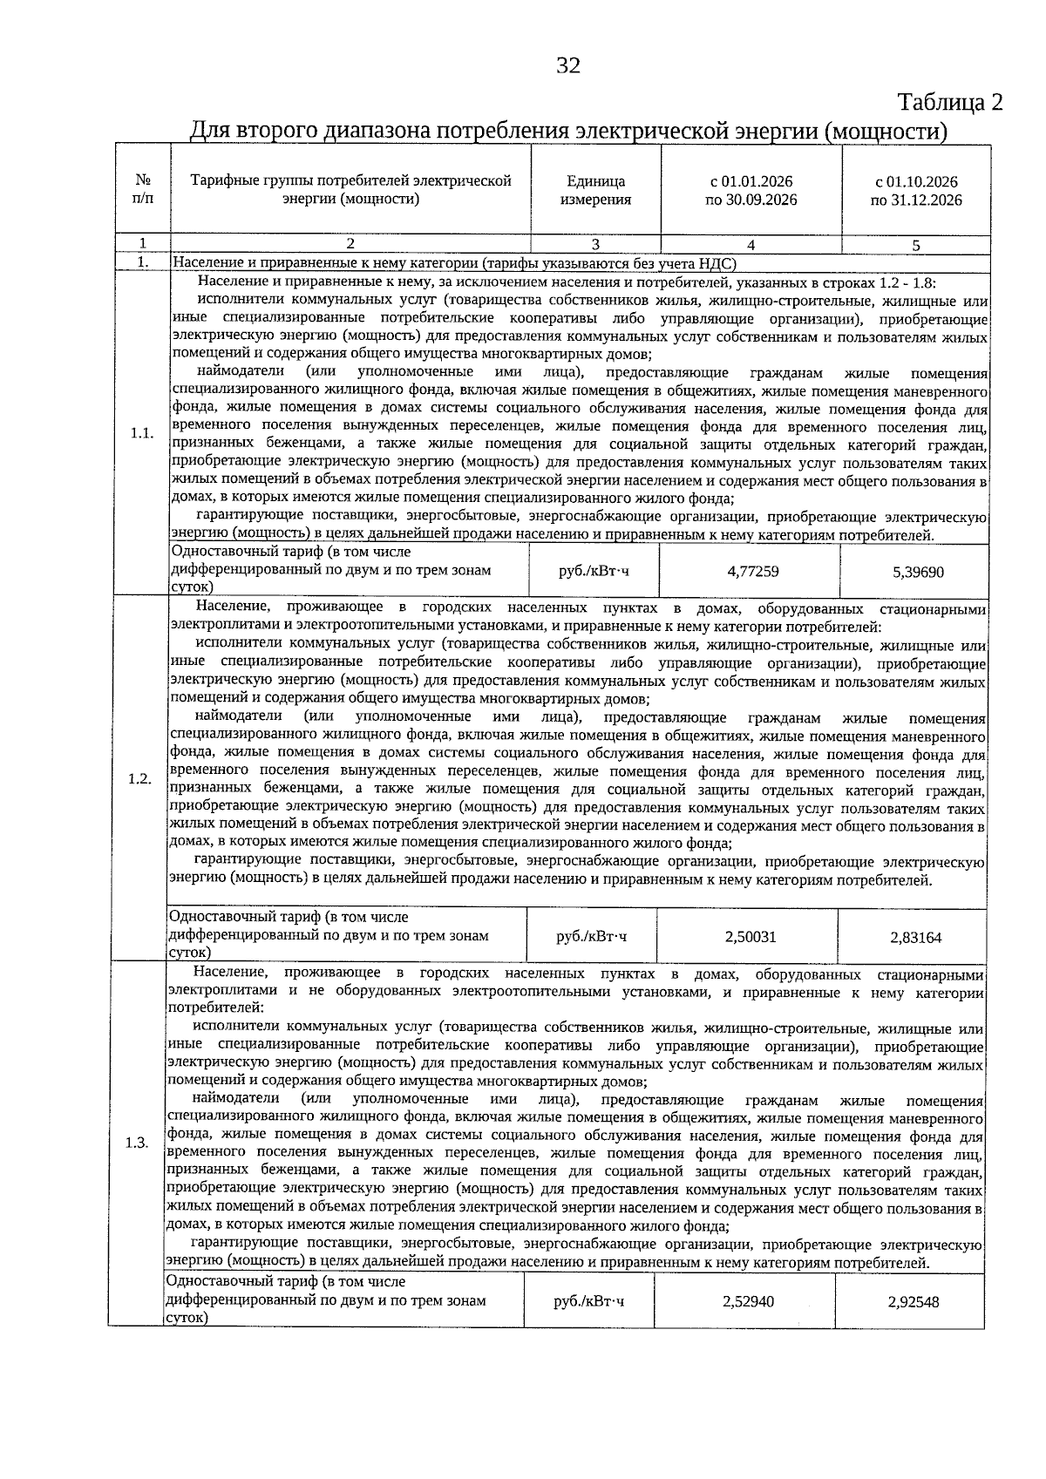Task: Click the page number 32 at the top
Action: [567, 66]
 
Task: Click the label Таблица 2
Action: [949, 102]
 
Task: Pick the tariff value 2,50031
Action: [750, 937]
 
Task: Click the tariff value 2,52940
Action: [748, 1301]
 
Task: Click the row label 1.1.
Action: [142, 433]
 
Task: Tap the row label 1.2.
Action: [139, 778]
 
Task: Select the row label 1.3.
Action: [137, 1143]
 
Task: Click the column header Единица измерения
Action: [595, 191]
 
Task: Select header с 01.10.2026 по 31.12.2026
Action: [916, 191]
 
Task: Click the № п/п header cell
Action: [143, 191]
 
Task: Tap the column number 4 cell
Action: [751, 245]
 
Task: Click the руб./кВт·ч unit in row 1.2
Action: [591, 937]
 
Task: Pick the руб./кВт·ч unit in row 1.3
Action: [588, 1301]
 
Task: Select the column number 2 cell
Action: [350, 244]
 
